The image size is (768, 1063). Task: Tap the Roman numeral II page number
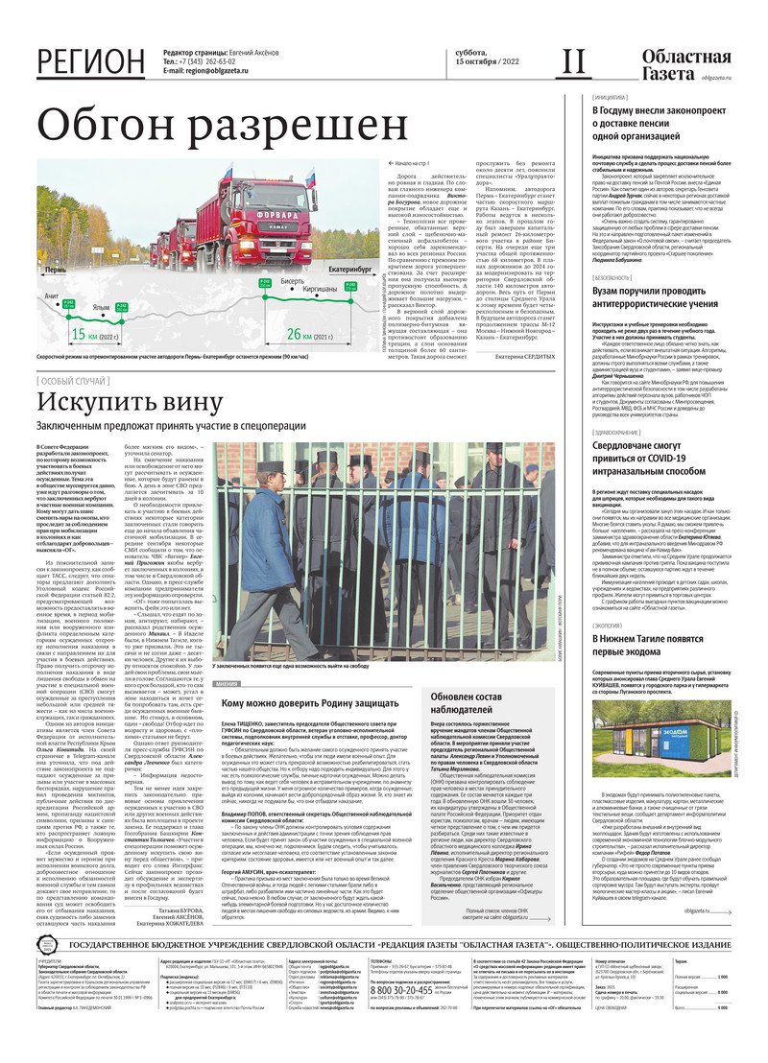[x=573, y=62]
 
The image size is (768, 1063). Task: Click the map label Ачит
[x=51, y=296]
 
